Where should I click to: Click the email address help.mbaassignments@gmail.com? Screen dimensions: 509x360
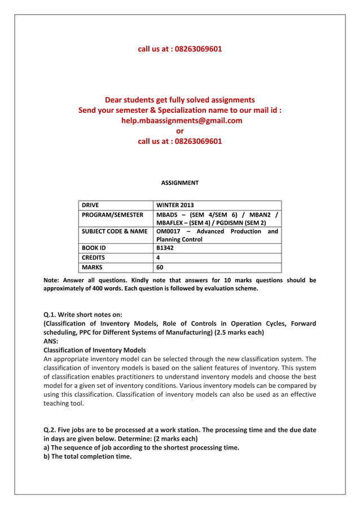click(x=179, y=120)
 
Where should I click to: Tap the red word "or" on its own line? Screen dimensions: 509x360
click(x=180, y=130)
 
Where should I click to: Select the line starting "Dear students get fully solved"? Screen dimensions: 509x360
click(x=179, y=100)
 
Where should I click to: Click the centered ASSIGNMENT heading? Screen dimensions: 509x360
click(x=179, y=183)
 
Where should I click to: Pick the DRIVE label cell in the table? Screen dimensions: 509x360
click(x=90, y=205)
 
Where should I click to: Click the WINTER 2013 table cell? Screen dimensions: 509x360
click(x=174, y=205)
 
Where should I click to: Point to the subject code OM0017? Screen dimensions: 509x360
click(x=168, y=231)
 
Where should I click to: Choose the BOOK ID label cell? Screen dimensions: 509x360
click(x=94, y=248)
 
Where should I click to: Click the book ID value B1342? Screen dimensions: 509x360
click(x=166, y=248)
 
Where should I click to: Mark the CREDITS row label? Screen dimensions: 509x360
click(x=94, y=257)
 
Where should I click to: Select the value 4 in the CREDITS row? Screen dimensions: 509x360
click(x=158, y=257)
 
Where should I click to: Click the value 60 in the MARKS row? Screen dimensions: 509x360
click(x=160, y=267)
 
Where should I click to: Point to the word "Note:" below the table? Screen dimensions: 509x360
click(x=52, y=280)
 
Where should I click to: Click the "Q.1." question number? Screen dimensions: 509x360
click(x=52, y=314)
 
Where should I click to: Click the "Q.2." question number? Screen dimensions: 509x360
click(x=52, y=430)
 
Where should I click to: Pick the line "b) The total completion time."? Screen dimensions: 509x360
click(x=87, y=457)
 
